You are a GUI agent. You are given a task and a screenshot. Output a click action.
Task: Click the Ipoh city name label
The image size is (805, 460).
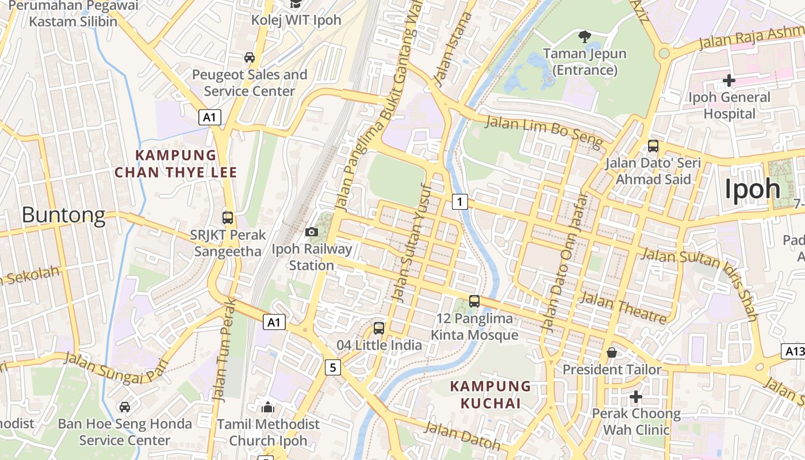(x=752, y=189)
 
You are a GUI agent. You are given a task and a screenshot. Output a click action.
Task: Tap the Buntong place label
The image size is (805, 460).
(x=64, y=215)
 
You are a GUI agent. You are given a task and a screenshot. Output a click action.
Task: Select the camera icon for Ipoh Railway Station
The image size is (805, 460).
(x=311, y=232)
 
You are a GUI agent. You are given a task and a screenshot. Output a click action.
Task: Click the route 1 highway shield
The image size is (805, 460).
(x=459, y=202)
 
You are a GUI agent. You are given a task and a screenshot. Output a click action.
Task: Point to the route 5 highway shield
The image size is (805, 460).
(x=332, y=367)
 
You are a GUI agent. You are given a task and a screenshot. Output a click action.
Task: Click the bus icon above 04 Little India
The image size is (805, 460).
(x=379, y=328)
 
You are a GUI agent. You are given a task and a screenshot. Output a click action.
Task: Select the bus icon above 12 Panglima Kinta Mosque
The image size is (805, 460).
(x=474, y=301)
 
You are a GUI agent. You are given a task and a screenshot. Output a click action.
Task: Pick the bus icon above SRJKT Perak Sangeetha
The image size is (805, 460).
(x=228, y=218)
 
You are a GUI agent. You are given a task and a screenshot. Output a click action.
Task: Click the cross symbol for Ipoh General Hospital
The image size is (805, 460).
(x=729, y=80)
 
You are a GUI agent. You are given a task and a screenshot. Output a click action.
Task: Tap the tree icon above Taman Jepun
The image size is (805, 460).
(x=585, y=37)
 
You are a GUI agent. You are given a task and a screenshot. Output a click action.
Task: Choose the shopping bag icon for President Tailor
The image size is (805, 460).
(x=612, y=352)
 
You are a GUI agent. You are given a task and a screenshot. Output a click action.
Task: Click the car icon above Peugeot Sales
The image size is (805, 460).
(x=250, y=57)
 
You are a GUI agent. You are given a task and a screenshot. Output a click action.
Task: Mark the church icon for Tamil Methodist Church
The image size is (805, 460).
(x=268, y=407)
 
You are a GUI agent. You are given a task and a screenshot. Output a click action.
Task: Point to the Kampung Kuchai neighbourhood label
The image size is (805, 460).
(x=490, y=394)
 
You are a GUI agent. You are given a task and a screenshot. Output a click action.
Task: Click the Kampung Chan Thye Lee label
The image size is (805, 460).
(x=175, y=164)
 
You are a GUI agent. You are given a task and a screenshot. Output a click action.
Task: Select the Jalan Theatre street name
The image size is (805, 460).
(x=623, y=308)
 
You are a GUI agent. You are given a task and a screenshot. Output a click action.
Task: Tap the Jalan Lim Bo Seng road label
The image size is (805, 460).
(x=543, y=131)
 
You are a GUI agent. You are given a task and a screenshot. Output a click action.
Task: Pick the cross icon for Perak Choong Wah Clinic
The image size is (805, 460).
(x=636, y=396)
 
